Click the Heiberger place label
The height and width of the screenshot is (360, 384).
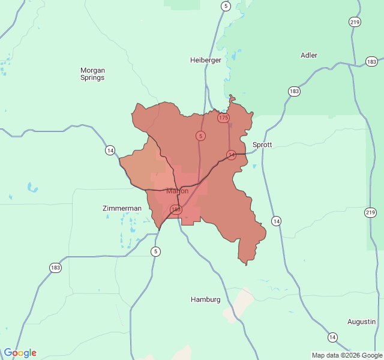(x=206, y=60)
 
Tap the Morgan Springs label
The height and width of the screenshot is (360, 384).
(x=92, y=74)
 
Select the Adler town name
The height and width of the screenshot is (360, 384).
(x=309, y=55)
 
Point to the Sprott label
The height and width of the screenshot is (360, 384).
(x=262, y=145)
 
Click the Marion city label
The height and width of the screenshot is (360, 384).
(x=177, y=191)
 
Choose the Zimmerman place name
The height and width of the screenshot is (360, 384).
(x=122, y=208)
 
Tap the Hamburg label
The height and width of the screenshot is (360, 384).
(x=206, y=299)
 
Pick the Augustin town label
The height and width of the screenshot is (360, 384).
(x=361, y=322)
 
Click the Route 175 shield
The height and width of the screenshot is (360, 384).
(x=223, y=118)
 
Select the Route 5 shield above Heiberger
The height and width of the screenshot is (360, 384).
(x=226, y=6)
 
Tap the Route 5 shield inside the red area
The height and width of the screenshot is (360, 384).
(x=200, y=136)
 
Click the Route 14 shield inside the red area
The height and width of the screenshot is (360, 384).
(x=231, y=155)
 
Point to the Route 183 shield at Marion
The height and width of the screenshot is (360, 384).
(x=175, y=209)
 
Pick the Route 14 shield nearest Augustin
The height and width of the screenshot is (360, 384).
(x=332, y=337)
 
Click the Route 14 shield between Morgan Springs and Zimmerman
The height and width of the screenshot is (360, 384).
(x=110, y=150)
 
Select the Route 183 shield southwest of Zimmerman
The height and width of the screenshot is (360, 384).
(x=56, y=268)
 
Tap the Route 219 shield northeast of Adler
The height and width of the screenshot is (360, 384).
(x=355, y=22)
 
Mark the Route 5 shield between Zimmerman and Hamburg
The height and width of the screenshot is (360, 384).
(x=156, y=251)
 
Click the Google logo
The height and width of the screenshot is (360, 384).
(x=20, y=353)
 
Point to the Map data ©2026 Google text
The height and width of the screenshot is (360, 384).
(x=347, y=355)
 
